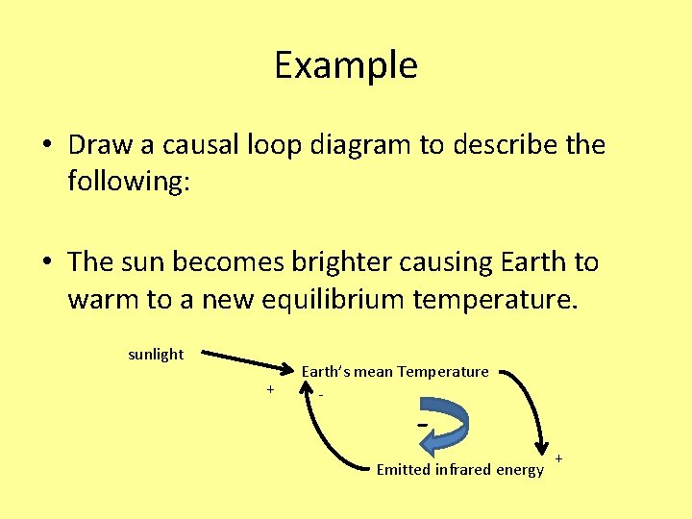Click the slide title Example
tap(346, 65)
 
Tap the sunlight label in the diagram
tap(156, 354)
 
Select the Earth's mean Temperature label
tap(395, 371)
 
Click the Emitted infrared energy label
tap(459, 469)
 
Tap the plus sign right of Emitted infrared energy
tap(559, 458)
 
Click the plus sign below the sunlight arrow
tap(271, 389)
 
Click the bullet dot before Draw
tap(47, 146)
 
